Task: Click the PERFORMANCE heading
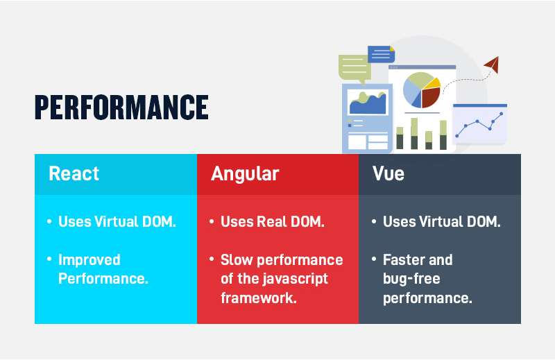[121, 107]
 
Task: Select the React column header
[74, 173]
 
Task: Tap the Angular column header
[245, 174]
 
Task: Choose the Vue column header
[388, 173]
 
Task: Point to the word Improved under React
[89, 260]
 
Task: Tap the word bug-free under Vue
[411, 279]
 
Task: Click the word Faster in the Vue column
[402, 260]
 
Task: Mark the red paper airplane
[492, 65]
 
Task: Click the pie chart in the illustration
[422, 90]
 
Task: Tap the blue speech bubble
[381, 54]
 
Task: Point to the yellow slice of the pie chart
[433, 83]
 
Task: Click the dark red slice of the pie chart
[430, 97]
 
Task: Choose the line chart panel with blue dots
[480, 124]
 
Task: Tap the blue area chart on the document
[368, 103]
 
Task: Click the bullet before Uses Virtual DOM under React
[49, 222]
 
